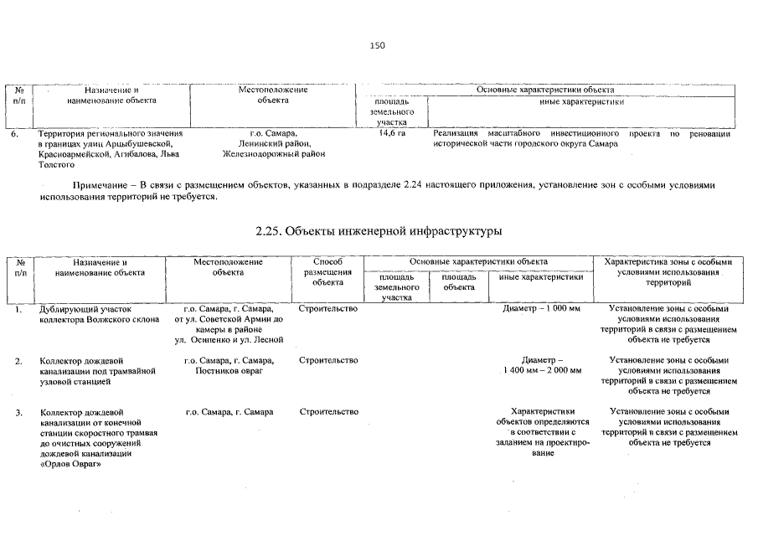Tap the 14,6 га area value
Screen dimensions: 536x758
pyautogui.click(x=392, y=133)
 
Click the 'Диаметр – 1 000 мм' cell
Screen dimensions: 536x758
pyautogui.click(x=542, y=309)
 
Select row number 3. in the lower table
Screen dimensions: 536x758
pyautogui.click(x=18, y=412)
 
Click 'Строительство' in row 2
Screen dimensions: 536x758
pyautogui.click(x=327, y=360)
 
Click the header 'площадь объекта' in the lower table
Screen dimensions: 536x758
pyautogui.click(x=459, y=281)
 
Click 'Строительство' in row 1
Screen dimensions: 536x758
pyautogui.click(x=327, y=309)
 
